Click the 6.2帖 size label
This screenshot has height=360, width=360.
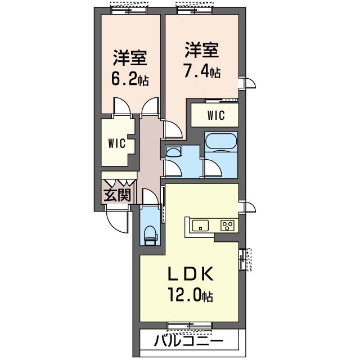coord(130,79)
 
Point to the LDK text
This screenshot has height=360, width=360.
coord(191,274)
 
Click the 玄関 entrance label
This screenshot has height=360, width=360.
coord(118,195)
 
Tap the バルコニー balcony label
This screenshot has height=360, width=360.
coord(188,341)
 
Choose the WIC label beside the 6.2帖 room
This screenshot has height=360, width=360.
coord(117,143)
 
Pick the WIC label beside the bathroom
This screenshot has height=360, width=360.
coord(216,115)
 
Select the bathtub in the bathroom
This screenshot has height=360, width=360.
coord(221,142)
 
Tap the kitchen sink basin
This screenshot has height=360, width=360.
coord(200,225)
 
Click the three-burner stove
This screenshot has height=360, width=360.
coord(227,225)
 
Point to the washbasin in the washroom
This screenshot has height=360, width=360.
coord(173,151)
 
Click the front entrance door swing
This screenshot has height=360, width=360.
coord(117,219)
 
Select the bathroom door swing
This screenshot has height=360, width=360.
coord(213,169)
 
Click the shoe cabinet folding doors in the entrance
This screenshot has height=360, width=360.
coord(119,182)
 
